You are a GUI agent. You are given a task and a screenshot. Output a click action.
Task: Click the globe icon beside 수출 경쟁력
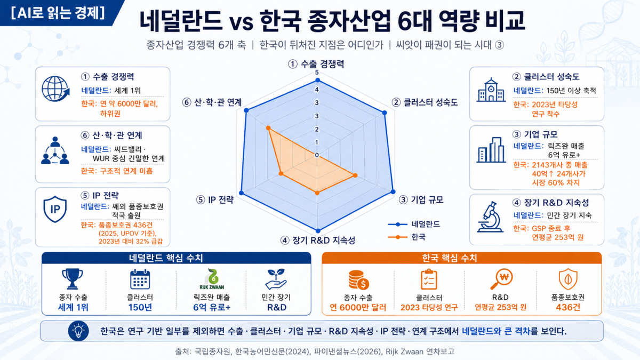pos(55,89)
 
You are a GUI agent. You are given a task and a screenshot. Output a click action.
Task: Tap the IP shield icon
pos(55,209)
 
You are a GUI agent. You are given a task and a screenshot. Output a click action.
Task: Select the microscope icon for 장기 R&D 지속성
pos(490,217)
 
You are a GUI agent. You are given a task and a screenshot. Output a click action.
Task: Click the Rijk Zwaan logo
pos(212,279)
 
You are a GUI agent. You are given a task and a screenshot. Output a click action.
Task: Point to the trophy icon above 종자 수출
pos(73,279)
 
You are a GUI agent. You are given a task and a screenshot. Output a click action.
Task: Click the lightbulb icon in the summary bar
pos(78,331)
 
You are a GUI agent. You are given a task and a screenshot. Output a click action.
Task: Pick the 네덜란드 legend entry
pos(414,225)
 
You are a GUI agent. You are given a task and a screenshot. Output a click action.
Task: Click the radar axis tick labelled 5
pos(317,73)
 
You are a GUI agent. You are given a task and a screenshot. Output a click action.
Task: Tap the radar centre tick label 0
pos(317,155)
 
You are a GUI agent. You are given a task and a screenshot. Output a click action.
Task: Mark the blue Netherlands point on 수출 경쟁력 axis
pos(317,81)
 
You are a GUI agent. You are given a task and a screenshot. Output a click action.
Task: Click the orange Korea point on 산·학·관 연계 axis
pos(268,128)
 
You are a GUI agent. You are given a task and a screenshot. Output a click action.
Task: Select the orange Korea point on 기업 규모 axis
pos(355,175)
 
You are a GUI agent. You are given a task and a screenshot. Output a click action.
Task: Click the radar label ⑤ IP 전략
pos(215,199)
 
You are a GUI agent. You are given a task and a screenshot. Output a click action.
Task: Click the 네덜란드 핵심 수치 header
pos(166,258)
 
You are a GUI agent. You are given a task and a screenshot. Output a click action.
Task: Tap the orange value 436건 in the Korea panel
pos(568,307)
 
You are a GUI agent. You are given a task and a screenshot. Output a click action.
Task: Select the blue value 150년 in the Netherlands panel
pos(140,307)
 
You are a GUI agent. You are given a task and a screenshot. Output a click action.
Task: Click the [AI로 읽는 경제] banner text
pos(58,13)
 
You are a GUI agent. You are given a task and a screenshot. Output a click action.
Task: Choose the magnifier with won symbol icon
pos(501,279)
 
